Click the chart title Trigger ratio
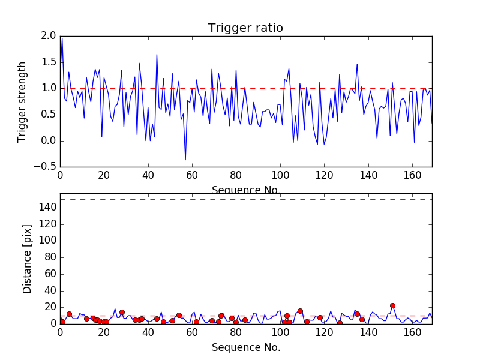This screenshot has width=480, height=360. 245,28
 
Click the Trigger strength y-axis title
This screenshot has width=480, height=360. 22,102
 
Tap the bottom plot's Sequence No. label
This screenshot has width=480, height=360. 246,347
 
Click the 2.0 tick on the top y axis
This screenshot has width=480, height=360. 48,36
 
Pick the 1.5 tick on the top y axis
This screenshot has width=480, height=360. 48,62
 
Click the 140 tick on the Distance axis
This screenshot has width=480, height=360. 48,208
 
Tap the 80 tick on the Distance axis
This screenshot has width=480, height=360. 50,257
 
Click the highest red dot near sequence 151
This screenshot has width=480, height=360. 392,305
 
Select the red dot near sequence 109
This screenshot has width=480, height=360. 300,311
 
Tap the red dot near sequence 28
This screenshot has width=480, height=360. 122,312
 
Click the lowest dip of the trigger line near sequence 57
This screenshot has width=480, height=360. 185,160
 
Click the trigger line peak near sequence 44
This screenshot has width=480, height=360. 157,55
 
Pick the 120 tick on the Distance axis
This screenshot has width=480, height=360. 48,224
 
